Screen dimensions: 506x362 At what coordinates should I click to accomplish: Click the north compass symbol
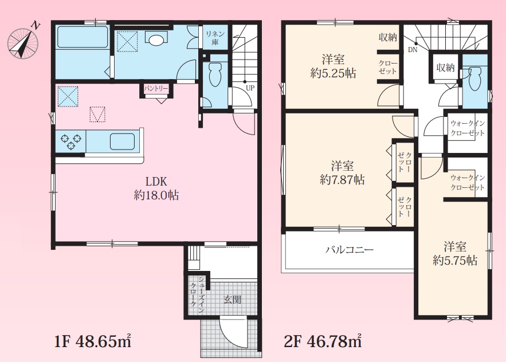tap(23, 42)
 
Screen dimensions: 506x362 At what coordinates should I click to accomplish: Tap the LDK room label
tap(156, 182)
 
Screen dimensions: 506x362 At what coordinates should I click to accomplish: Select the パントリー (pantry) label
tap(156, 88)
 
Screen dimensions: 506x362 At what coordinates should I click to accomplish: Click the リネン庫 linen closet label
tap(215, 38)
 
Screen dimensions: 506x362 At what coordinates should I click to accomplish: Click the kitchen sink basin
tap(122, 141)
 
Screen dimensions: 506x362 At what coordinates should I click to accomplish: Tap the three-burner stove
tap(70, 141)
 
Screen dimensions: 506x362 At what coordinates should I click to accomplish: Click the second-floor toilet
tap(474, 78)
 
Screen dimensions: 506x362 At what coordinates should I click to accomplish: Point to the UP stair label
tap(250, 88)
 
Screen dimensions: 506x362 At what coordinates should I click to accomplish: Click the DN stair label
tap(413, 50)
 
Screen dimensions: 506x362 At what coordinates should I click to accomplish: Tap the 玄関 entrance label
tap(232, 300)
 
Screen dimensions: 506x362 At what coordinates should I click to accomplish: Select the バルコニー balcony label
tap(349, 249)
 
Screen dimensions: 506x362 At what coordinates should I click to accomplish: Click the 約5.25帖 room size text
tap(333, 73)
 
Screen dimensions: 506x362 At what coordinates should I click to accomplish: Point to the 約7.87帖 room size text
tap(342, 179)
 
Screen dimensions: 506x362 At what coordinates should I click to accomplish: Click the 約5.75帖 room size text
tap(455, 261)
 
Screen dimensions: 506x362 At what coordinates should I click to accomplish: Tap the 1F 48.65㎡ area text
tap(93, 341)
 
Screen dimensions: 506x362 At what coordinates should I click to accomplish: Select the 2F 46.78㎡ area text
tap(323, 341)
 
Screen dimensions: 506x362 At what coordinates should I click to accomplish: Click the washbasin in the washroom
tap(156, 38)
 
